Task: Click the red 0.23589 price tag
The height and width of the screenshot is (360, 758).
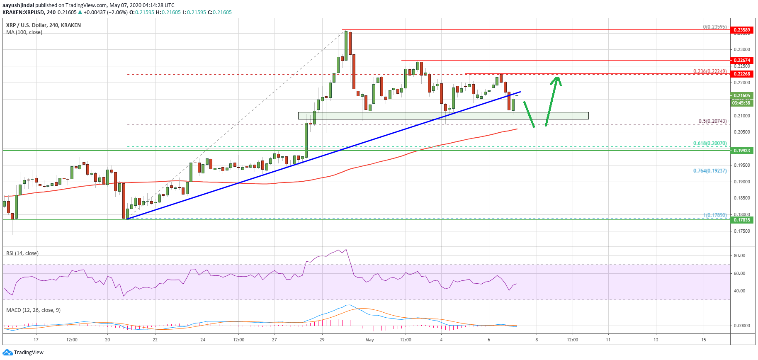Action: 742,30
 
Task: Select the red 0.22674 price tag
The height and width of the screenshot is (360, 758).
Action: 742,60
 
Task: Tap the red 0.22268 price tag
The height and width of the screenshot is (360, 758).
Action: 742,74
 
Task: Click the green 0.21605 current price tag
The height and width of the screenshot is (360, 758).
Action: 742,95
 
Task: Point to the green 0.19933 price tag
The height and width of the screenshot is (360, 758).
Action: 742,151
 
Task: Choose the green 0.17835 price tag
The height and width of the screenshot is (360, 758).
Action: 742,220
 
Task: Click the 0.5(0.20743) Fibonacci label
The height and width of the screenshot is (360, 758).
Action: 712,121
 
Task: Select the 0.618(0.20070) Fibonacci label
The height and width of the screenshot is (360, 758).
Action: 710,143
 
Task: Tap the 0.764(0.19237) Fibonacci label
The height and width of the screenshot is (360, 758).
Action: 710,170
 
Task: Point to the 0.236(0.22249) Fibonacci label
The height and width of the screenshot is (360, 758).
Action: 710,71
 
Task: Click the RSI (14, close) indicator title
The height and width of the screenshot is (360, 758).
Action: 22,253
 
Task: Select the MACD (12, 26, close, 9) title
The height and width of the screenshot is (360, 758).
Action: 33,310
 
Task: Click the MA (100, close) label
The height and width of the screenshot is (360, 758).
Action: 24,32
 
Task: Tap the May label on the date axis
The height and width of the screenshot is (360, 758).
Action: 369,340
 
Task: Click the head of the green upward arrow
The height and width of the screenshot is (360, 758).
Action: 557,78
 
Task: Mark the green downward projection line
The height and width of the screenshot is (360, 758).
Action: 529,114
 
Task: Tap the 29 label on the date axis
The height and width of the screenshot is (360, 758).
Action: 322,340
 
